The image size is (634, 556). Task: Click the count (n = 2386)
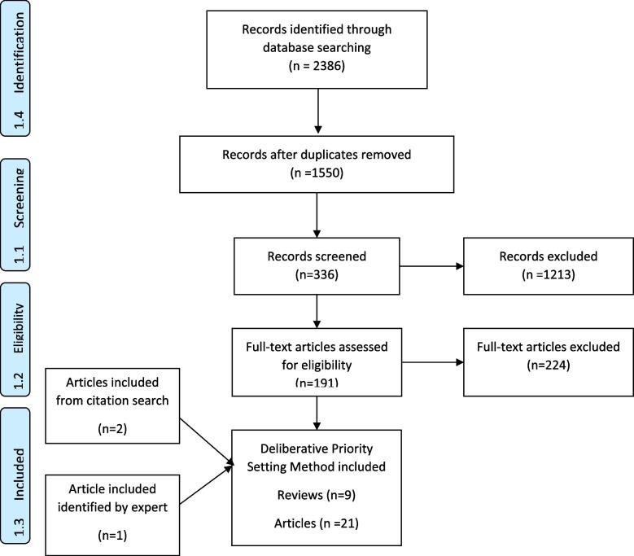[x=317, y=62]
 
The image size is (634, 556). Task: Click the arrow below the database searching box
[x=317, y=111]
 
